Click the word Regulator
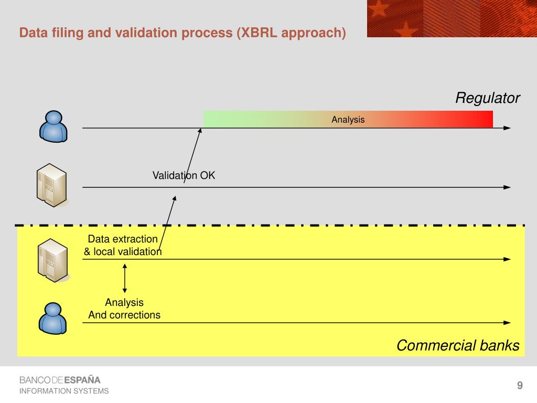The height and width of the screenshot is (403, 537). click(487, 98)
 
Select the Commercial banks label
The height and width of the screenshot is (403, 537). click(458, 346)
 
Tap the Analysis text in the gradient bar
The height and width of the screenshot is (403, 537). click(348, 120)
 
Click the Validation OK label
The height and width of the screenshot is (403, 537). click(184, 175)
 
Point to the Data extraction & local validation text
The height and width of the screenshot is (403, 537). click(123, 246)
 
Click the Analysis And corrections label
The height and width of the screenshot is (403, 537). click(124, 309)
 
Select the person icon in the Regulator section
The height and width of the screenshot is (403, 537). click(53, 126)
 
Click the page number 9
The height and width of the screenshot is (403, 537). click(520, 386)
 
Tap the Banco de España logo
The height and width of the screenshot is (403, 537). click(60, 380)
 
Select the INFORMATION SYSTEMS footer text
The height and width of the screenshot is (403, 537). click(64, 391)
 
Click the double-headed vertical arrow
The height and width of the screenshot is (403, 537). click(125, 278)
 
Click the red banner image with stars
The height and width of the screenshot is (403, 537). click(452, 18)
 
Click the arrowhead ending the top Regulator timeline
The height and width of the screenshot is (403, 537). click(507, 128)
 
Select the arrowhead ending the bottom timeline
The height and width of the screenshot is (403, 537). click(507, 323)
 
